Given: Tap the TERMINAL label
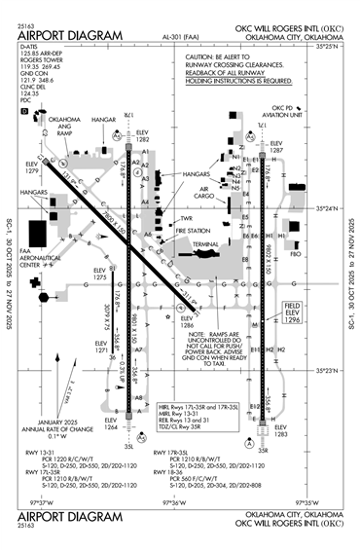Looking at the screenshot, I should coord(205,244).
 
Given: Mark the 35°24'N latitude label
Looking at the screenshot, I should coord(325,209).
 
